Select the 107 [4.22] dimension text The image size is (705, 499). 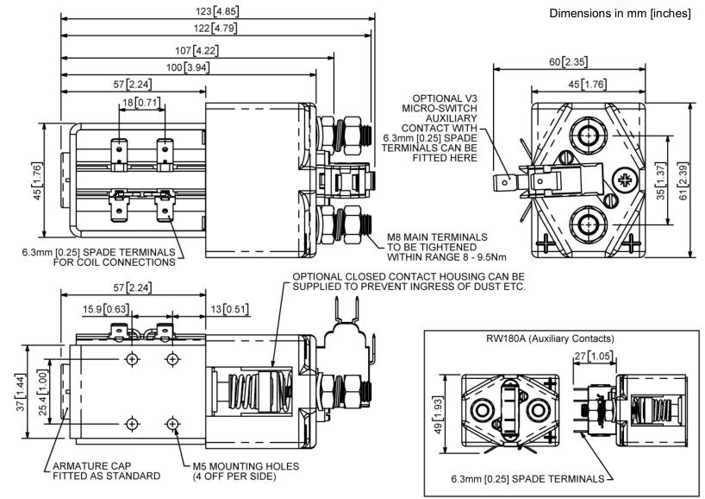click(196, 50)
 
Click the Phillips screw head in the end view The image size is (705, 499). click(623, 180)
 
